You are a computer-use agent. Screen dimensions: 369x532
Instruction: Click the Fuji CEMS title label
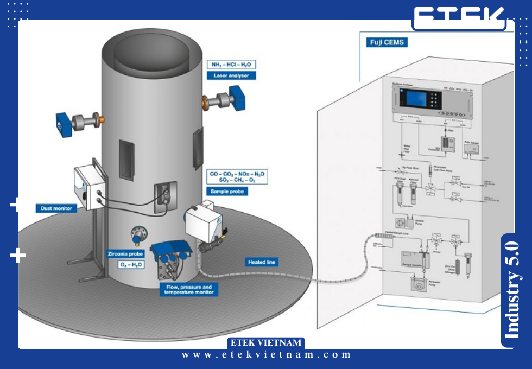point(388,42)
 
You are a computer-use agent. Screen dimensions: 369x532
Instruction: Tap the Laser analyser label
point(231,76)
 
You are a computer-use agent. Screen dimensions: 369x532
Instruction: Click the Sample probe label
point(227,191)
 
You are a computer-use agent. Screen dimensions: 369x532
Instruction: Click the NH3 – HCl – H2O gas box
point(231,64)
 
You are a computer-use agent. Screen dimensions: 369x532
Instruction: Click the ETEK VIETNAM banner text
point(266,343)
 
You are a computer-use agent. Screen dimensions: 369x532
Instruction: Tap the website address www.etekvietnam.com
point(266,355)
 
